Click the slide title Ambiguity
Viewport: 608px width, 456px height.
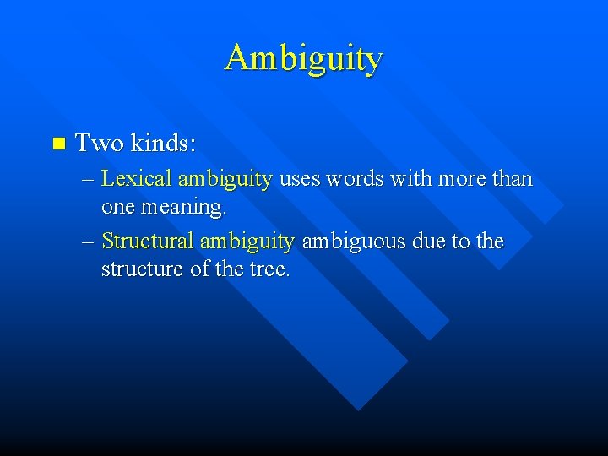(304, 58)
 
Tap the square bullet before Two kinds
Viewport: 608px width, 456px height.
(57, 144)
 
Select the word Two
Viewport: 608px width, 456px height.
(99, 144)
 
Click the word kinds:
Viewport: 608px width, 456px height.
(163, 144)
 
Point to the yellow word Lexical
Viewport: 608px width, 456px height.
(136, 179)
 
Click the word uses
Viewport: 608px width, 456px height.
(300, 180)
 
